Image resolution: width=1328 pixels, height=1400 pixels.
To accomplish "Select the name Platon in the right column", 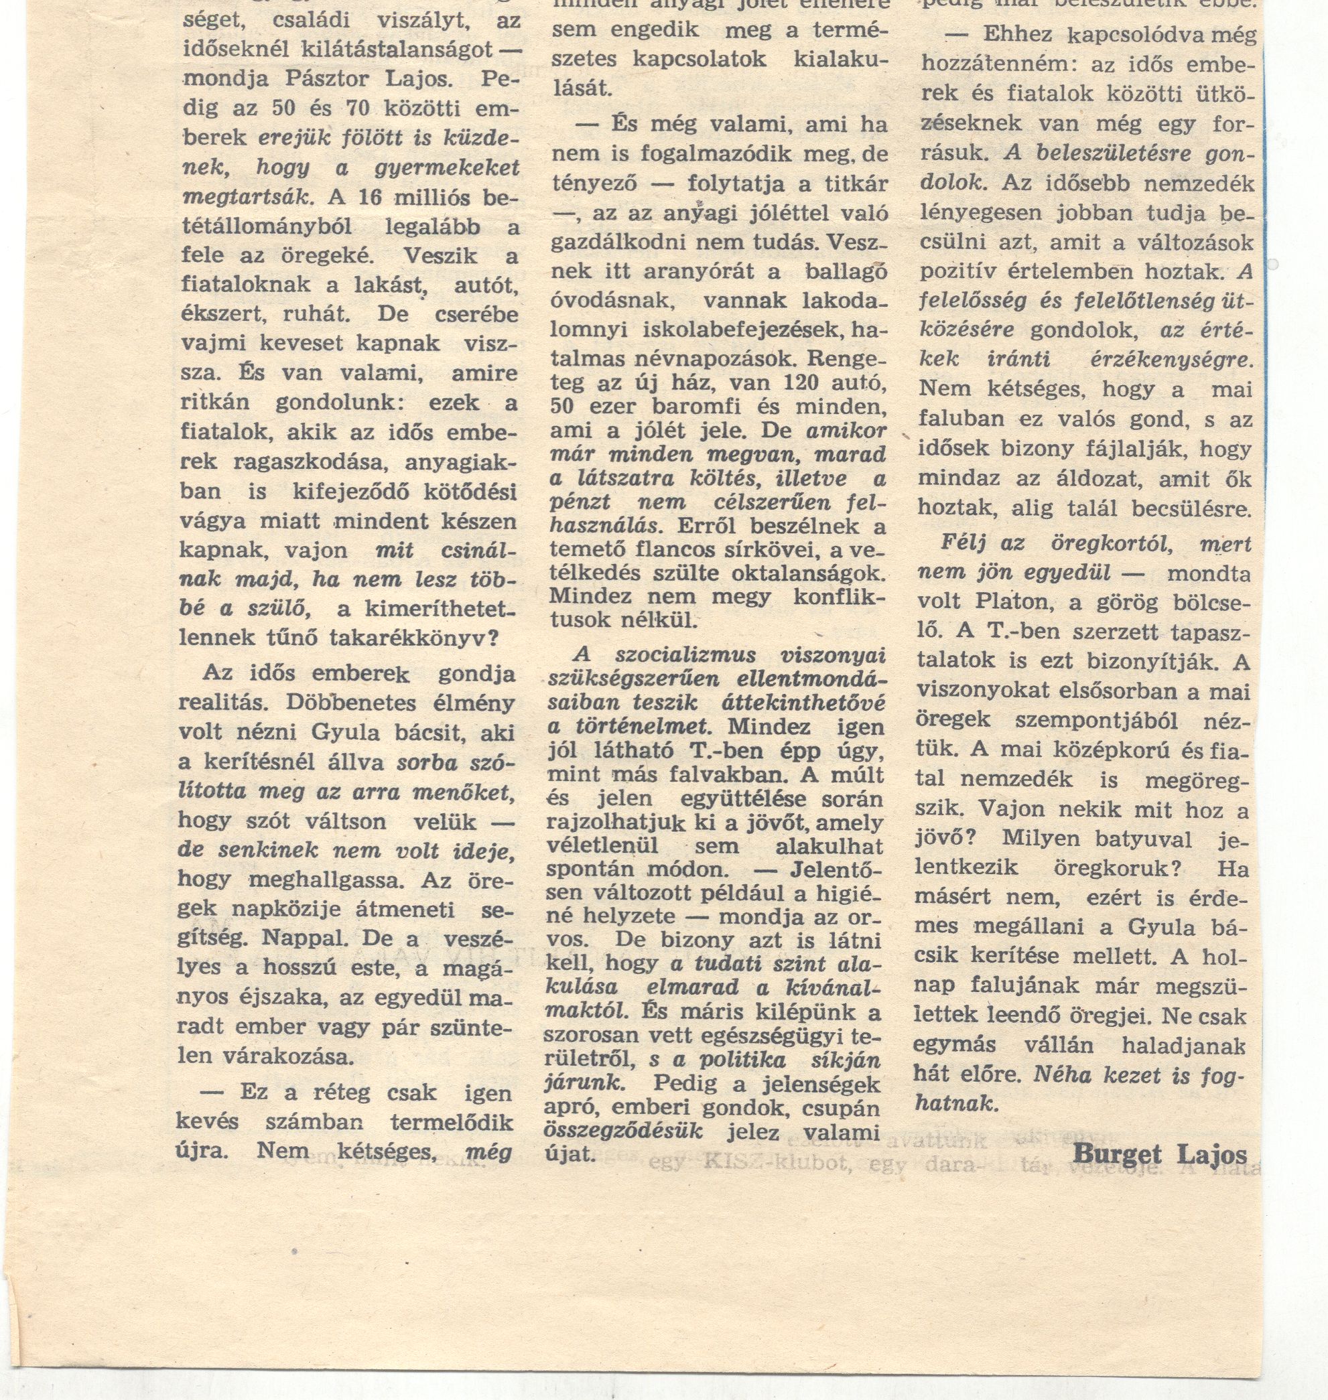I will click(x=1011, y=602).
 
